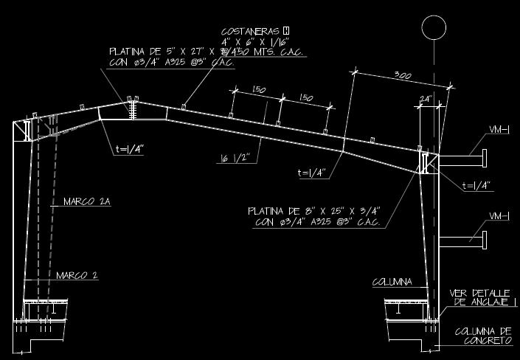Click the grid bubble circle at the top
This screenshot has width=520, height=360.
pos(434,27)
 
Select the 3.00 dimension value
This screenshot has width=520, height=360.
pos(402,76)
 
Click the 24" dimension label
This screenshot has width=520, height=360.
pos(425,98)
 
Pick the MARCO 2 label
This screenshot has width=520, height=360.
pos(77,276)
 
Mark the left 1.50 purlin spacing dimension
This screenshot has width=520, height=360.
pos(258,90)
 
